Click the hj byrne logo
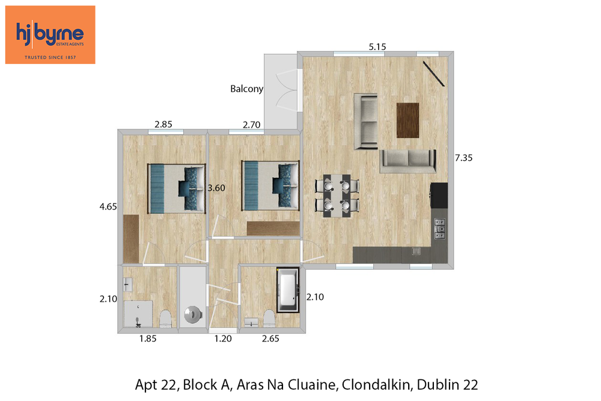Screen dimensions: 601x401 coord(50,34)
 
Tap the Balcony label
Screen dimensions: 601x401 coord(246,89)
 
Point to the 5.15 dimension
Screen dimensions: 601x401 coord(377,47)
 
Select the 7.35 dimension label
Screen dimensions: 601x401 coord(464,158)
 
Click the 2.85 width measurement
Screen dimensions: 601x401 coord(163,125)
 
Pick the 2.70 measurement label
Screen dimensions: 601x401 coord(251,125)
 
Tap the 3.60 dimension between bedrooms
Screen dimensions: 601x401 coord(216,188)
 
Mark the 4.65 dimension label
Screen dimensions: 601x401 coord(108,207)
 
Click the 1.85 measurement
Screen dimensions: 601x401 coord(148,339)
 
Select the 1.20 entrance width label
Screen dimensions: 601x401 coord(223,339)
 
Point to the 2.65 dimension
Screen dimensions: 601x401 coord(270,339)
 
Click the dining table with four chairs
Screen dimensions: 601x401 coord(337,196)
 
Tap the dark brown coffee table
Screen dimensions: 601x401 coord(408,120)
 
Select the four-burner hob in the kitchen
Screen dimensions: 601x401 coord(440,229)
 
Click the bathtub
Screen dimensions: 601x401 coord(287,290)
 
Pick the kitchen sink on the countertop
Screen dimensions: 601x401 coord(416,252)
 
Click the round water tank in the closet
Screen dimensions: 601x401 coord(192,314)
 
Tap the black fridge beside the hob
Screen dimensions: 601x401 coord(439,196)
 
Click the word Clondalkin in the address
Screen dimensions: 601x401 coord(376,385)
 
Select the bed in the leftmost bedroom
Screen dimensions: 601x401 coord(177,188)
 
